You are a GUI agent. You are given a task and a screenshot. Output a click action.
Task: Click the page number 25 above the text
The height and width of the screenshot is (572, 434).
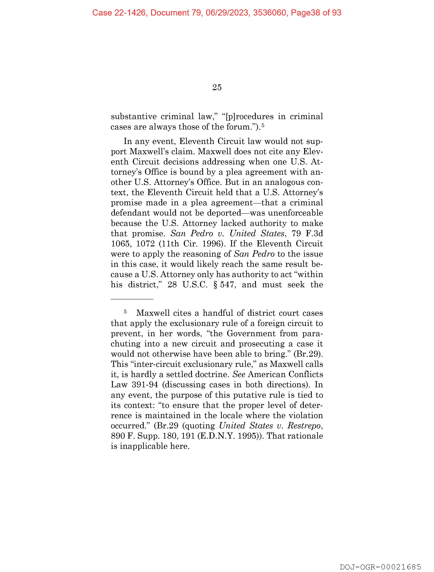(217, 88)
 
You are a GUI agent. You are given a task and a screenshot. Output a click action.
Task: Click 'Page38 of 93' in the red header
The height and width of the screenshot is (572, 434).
(316, 13)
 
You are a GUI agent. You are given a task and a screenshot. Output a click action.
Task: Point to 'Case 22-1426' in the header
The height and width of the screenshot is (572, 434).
(119, 13)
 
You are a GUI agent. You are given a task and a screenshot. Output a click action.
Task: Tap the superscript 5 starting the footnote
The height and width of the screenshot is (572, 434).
(125, 312)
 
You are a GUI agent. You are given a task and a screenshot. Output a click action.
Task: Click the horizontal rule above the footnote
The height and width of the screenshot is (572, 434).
(132, 299)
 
